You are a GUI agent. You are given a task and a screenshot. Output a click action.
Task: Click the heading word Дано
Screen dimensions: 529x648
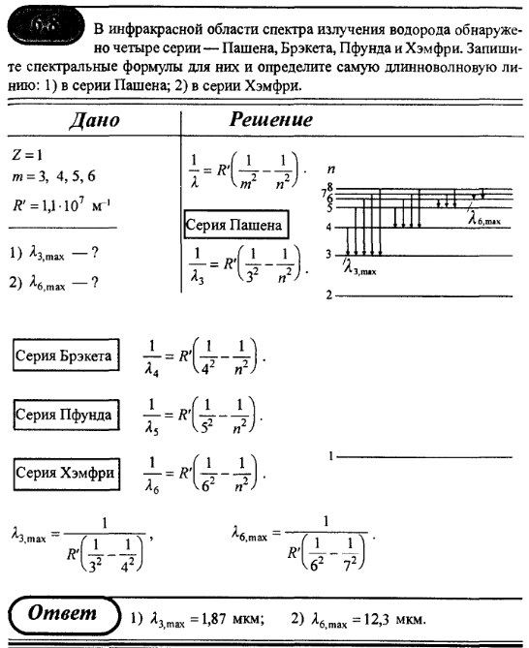(x=92, y=121)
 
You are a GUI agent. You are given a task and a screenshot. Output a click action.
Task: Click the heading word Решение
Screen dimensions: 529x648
(x=270, y=121)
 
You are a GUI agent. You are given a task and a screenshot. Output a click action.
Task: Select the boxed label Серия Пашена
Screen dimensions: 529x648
(x=235, y=227)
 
